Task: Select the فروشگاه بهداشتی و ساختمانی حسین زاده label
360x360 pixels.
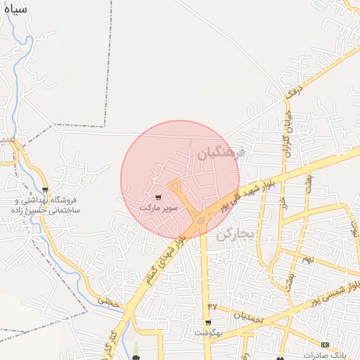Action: click(x=46, y=205)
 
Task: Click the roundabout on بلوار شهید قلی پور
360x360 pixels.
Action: click(x=201, y=220)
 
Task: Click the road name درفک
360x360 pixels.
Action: click(x=293, y=90)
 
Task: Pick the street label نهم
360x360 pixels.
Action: click(x=307, y=261)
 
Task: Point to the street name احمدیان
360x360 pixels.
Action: click(x=248, y=319)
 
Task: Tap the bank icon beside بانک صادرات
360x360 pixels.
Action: click(x=325, y=345)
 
